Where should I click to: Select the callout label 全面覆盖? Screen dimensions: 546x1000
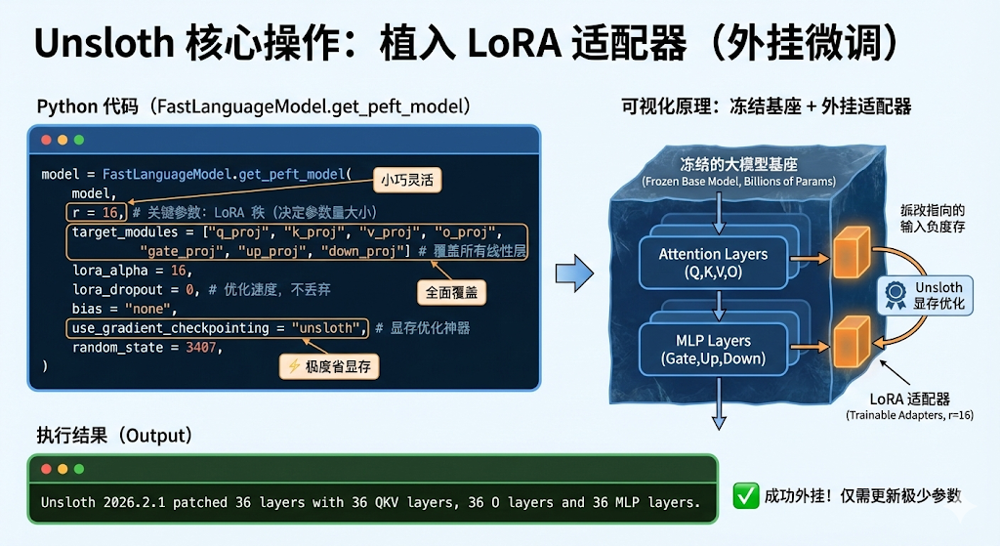coord(449,291)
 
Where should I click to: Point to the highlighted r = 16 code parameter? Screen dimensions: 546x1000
coord(96,212)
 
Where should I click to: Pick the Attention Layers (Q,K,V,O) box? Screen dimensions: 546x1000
coord(713,263)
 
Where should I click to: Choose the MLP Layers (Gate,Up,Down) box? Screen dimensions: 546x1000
coord(713,350)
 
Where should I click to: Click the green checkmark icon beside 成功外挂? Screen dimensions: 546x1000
coord(745,495)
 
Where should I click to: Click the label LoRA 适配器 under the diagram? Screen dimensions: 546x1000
coord(908,399)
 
